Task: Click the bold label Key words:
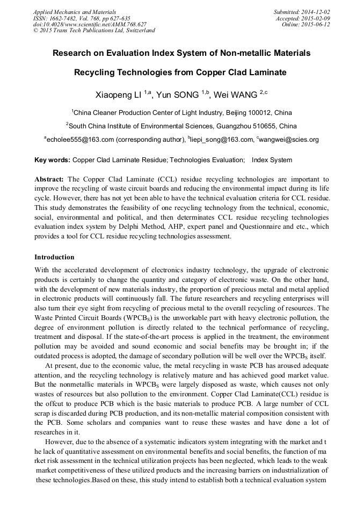tap(52, 160)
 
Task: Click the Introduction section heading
tap(54, 257)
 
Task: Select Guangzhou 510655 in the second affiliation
tap(244, 126)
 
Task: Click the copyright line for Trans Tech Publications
tap(94, 31)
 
